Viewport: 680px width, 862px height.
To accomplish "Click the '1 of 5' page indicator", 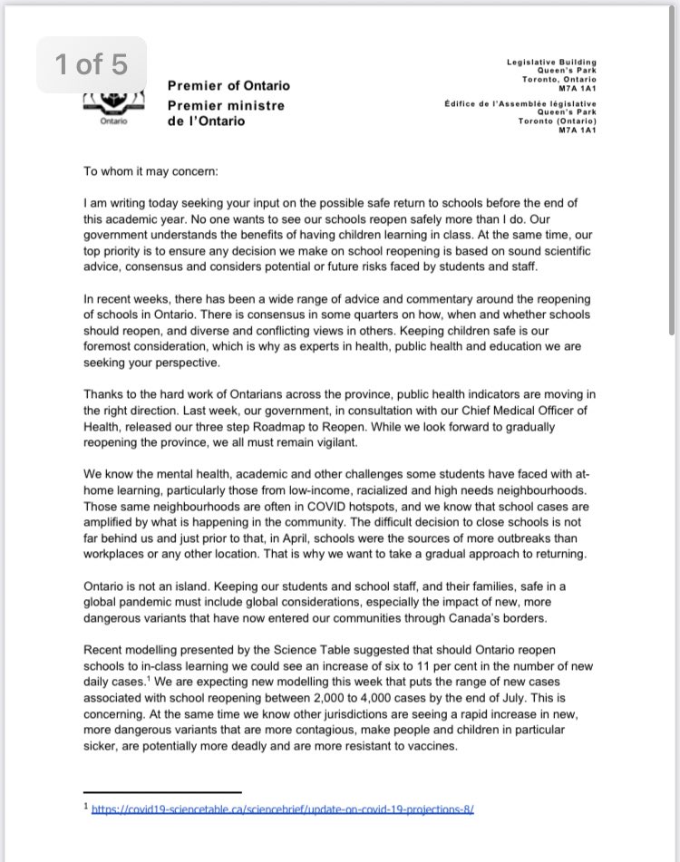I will click(91, 64).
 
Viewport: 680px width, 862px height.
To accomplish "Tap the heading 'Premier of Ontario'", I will click(229, 85).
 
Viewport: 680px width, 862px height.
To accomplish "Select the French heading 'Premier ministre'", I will click(226, 105).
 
